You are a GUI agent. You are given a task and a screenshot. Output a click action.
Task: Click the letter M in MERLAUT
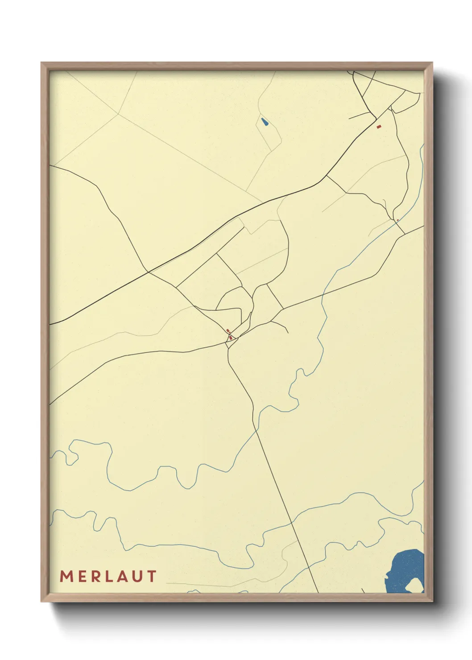tap(66, 576)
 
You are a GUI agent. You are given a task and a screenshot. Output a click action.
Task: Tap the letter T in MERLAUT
tap(152, 576)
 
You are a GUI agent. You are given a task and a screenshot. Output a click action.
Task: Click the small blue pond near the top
tap(265, 122)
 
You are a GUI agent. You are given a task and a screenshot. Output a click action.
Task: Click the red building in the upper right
tap(379, 127)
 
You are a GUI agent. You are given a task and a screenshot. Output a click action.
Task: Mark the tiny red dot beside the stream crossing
tap(397, 220)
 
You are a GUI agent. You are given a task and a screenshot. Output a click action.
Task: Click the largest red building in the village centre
tap(231, 338)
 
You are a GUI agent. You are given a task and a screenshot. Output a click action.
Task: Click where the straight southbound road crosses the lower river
tap(291, 522)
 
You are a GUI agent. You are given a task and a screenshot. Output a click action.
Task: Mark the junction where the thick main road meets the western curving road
tap(148, 272)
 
